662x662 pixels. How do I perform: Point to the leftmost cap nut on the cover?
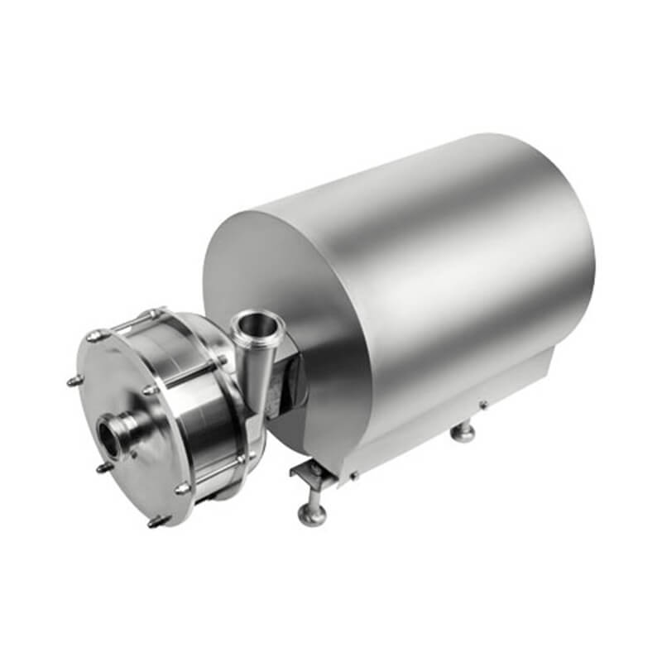point(72,381)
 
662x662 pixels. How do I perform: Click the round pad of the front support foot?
point(311,517)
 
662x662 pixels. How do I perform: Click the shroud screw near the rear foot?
point(483,404)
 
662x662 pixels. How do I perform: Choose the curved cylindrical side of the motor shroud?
point(463,248)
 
